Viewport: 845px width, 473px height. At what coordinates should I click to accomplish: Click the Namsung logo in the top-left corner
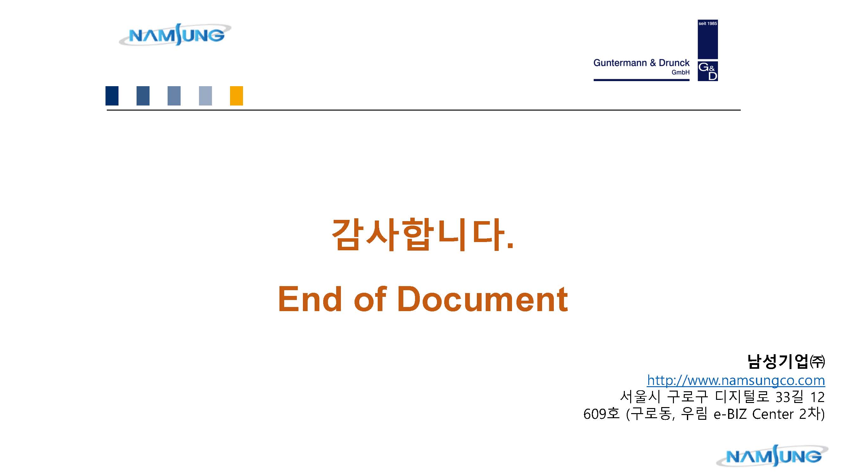tap(175, 35)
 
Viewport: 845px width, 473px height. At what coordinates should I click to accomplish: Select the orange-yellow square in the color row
tap(236, 96)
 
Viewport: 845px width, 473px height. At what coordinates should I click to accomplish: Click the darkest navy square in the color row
tap(112, 96)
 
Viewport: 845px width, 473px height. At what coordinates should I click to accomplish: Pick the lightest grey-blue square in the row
tap(205, 96)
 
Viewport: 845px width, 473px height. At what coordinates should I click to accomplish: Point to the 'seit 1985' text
tap(707, 24)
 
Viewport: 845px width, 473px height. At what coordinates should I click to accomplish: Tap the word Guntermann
tap(620, 63)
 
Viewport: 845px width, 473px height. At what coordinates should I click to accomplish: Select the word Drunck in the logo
tap(674, 63)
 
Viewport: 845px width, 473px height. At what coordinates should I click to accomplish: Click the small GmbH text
tap(680, 73)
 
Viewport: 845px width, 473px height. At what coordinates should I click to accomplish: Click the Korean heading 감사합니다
tap(422, 234)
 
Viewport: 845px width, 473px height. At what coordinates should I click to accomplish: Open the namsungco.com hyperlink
tap(736, 380)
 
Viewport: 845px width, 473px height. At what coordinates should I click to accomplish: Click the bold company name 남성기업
tap(778, 361)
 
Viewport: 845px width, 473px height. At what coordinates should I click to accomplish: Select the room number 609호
tap(601, 414)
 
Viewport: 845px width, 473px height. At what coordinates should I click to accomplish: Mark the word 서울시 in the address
tap(640, 397)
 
